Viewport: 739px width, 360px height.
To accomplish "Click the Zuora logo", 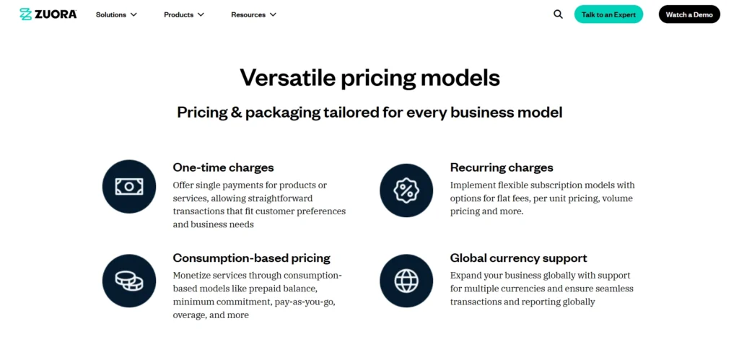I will (48, 14).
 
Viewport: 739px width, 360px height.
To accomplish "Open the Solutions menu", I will (116, 14).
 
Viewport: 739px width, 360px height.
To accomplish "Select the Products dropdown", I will (184, 14).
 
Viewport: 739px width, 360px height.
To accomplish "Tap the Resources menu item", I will (253, 14).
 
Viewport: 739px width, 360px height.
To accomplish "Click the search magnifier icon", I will (558, 14).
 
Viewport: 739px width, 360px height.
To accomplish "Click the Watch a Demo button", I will (688, 14).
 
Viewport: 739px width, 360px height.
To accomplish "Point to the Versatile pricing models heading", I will (369, 77).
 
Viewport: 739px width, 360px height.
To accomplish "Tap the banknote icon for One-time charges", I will (129, 187).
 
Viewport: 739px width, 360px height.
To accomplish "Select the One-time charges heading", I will (223, 167).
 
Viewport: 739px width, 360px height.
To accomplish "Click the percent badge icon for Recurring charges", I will (406, 190).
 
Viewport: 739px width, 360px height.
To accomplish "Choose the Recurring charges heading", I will (502, 167).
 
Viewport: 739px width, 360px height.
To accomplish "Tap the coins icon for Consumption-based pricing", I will (129, 281).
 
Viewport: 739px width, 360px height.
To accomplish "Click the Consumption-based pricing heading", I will (251, 258).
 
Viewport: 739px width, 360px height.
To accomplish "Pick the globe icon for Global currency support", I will (406, 281).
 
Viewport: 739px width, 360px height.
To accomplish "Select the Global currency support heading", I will (518, 258).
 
